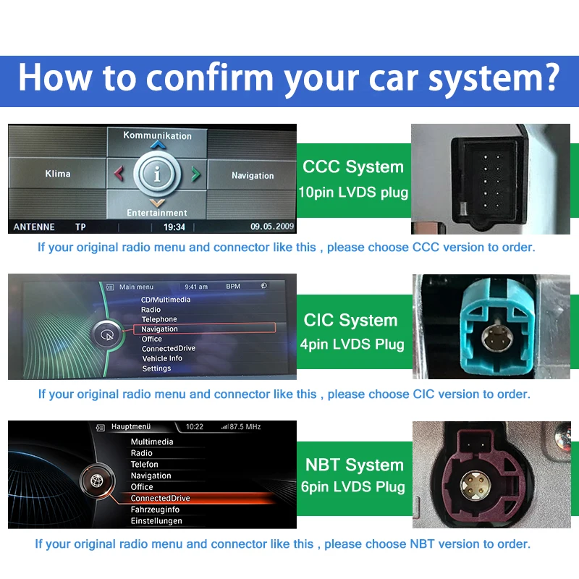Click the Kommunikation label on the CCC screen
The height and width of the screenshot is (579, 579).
[157, 135]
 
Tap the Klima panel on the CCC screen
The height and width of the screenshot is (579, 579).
[58, 174]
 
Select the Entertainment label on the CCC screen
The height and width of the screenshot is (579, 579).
[157, 213]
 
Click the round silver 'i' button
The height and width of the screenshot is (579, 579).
[157, 174]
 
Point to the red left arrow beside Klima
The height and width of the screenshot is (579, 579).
[119, 174]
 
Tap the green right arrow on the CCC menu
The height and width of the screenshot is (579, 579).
[195, 174]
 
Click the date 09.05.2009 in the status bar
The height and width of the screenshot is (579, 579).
[272, 227]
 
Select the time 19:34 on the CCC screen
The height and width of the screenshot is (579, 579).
[174, 227]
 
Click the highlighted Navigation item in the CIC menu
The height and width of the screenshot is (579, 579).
[160, 329]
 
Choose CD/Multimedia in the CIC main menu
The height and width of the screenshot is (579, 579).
[166, 300]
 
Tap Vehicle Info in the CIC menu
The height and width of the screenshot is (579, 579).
[162, 358]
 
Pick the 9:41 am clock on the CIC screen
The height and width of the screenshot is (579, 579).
[196, 287]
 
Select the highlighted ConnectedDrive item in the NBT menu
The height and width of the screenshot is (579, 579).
[160, 498]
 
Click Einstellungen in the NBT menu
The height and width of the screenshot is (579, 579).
[156, 521]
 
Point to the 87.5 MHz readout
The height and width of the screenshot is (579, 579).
[245, 427]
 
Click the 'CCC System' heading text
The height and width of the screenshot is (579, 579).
[353, 167]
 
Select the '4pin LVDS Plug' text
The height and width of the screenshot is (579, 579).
[352, 345]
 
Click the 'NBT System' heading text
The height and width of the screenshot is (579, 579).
[354, 465]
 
